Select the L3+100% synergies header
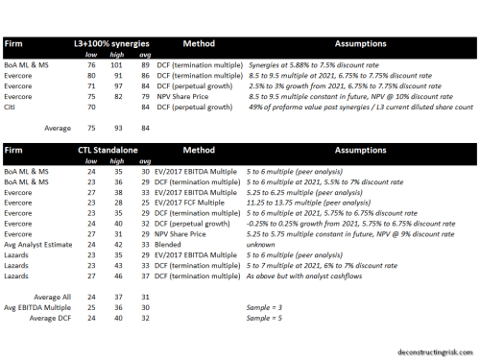tap(108, 45)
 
